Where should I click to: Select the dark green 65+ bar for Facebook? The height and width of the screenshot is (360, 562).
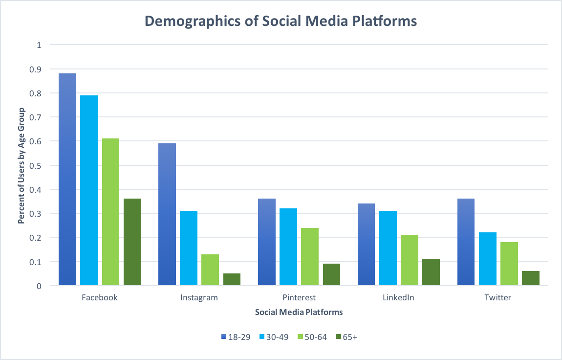tap(132, 242)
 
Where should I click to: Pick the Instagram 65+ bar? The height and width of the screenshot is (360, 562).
tap(232, 279)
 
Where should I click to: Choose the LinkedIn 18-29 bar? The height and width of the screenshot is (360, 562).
tap(367, 244)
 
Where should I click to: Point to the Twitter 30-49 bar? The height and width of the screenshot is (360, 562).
tap(488, 259)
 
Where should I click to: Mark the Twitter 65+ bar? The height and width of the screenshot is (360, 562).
tap(531, 278)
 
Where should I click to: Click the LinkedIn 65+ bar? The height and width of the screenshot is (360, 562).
tap(431, 272)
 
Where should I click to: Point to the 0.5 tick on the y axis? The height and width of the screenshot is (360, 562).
tap(39, 165)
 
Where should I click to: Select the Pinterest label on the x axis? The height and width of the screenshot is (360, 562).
tap(299, 297)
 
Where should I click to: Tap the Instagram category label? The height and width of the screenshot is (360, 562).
tap(199, 297)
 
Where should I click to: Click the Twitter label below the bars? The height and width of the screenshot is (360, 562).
tap(497, 297)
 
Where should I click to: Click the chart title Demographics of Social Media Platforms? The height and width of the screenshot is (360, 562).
tap(281, 21)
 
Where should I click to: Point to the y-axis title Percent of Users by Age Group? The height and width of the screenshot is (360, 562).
tap(21, 165)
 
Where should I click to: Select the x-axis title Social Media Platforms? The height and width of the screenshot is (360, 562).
tap(299, 312)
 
